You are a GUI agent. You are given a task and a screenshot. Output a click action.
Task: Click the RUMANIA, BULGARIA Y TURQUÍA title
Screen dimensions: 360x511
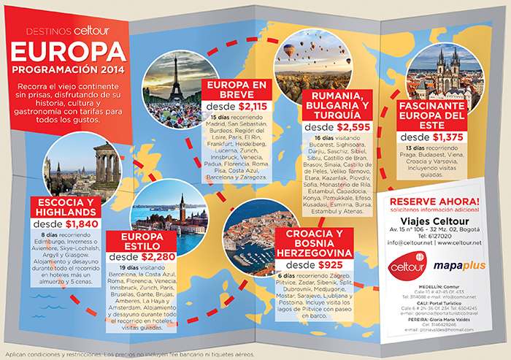coord(335,106)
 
